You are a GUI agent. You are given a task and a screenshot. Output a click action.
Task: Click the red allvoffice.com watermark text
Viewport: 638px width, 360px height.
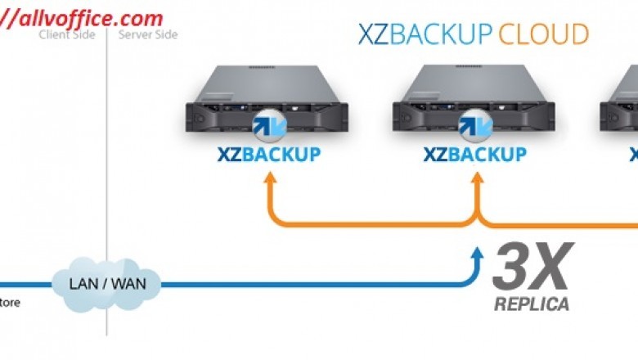click(x=82, y=17)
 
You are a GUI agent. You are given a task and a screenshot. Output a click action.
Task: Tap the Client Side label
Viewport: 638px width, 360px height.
click(x=67, y=34)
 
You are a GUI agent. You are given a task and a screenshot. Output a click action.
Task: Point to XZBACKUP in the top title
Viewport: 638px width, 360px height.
click(x=425, y=34)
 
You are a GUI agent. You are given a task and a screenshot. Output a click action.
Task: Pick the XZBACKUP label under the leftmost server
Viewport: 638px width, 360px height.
click(x=269, y=154)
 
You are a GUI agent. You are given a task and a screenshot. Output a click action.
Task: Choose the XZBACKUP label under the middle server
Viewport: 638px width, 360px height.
click(x=474, y=154)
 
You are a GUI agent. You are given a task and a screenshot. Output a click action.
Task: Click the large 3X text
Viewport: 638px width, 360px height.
click(x=531, y=267)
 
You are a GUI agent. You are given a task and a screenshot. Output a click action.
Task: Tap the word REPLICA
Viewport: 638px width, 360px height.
click(x=531, y=305)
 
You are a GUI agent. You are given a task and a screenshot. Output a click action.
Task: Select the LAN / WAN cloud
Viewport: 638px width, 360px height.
click(x=106, y=285)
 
